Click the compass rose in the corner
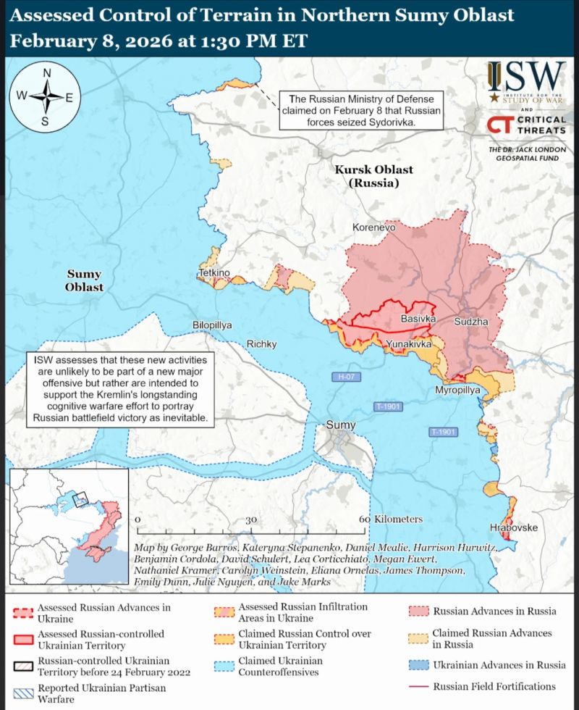pyautogui.click(x=45, y=96)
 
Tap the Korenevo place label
pyautogui.click(x=373, y=227)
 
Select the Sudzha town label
pyautogui.click(x=471, y=321)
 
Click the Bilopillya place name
pyautogui.click(x=212, y=325)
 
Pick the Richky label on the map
pyautogui.click(x=262, y=344)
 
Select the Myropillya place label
pyautogui.click(x=457, y=390)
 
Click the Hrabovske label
pyautogui.click(x=514, y=527)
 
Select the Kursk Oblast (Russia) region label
pyautogui.click(x=373, y=176)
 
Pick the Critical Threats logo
pyautogui.click(x=525, y=125)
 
